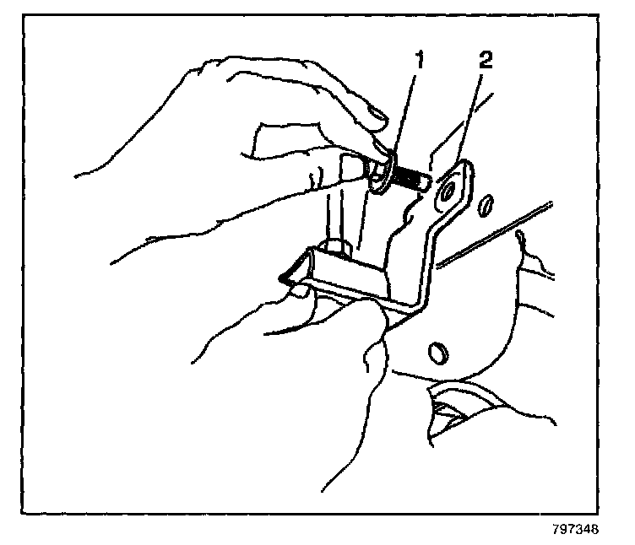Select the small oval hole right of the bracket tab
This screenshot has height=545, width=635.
[x=488, y=204]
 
